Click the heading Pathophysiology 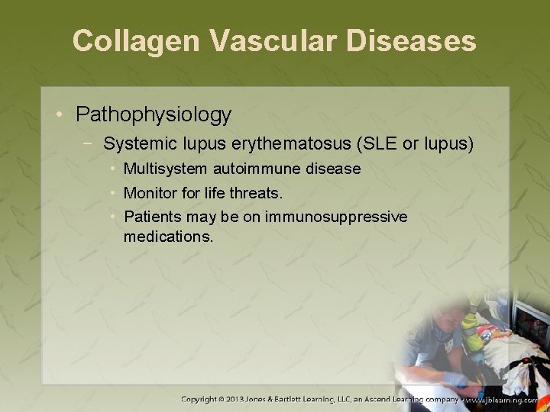point(154,115)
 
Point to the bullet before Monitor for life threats point(112,193)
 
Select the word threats point(260,193)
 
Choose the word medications point(168,237)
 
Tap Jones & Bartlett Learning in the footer point(306,399)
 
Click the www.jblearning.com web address point(508,399)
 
